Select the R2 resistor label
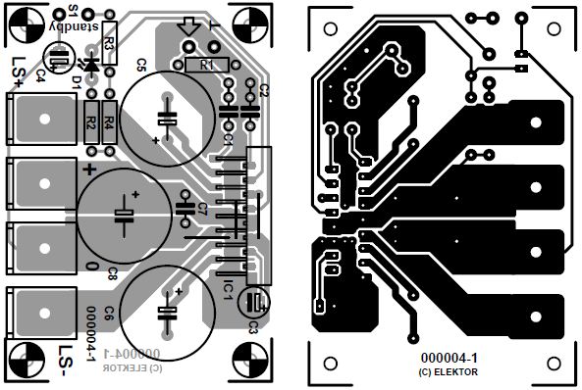[x=90, y=123]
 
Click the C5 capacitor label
[x=140, y=66]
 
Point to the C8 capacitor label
[x=113, y=272]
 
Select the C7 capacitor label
[x=201, y=209]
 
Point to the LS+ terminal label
[x=19, y=77]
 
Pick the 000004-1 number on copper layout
[x=450, y=360]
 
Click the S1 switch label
[x=74, y=11]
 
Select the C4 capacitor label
[x=40, y=75]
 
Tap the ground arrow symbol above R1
[x=190, y=37]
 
